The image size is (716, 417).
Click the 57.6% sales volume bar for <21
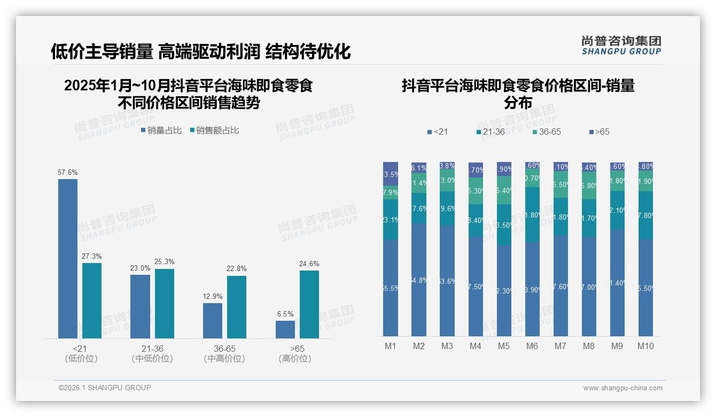click(x=68, y=258)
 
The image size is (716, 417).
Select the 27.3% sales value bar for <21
click(x=92, y=300)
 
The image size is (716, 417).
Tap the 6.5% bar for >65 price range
click(x=285, y=329)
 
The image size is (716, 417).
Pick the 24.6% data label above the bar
click(x=309, y=264)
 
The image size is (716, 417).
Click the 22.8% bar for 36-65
click(x=237, y=307)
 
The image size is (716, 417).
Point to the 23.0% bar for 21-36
click(x=140, y=306)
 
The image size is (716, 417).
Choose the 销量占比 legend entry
click(x=161, y=130)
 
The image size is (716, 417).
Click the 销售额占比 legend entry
click(x=214, y=130)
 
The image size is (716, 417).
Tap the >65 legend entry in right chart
click(x=599, y=132)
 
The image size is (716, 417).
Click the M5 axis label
click(x=504, y=346)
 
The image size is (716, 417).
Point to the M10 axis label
click(x=645, y=346)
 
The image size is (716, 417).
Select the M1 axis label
click(x=391, y=346)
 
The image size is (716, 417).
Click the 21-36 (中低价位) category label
click(x=152, y=353)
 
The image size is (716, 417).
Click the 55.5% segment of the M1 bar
click(x=391, y=288)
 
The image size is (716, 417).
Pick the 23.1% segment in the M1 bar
click(x=391, y=220)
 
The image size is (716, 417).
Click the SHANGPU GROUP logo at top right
click(x=621, y=45)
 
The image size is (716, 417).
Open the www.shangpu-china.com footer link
click(x=622, y=388)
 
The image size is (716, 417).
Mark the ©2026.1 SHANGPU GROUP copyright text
click(x=105, y=388)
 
